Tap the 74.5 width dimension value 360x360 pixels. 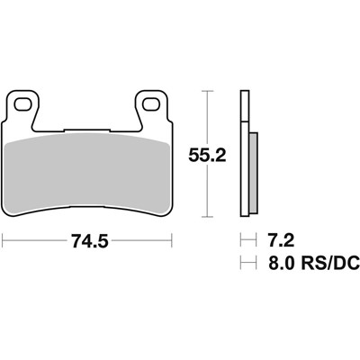(x=87, y=241)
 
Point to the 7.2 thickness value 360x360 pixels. (x=278, y=241)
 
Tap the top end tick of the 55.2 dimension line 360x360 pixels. (x=210, y=91)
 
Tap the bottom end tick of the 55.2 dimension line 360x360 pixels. (x=210, y=218)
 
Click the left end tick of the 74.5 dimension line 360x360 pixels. (x=4, y=241)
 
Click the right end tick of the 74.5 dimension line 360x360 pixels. (x=171, y=241)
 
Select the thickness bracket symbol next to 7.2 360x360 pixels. (x=244, y=241)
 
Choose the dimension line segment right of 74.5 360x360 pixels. (x=139, y=241)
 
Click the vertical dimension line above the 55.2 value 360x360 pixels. (x=210, y=117)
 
